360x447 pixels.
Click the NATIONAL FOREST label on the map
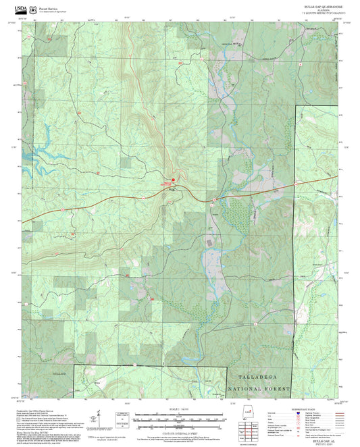(x=259, y=390)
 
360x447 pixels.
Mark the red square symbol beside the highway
(x=172, y=180)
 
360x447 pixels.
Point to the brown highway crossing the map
(x=101, y=207)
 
